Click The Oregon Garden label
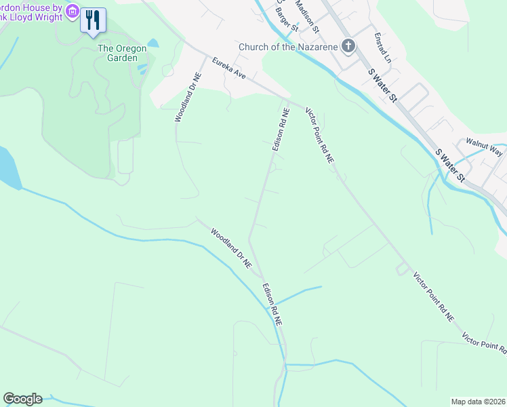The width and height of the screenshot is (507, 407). coord(122,53)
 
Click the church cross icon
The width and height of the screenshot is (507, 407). coord(348,46)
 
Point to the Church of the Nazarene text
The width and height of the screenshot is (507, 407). coord(287,47)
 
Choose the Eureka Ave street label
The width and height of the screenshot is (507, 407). coord(228,68)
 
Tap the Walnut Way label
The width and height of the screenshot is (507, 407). coord(484,149)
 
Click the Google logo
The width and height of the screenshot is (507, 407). coord(22,399)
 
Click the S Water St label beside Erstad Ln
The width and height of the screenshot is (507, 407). coord(383,85)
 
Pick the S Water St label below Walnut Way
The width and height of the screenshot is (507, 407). coord(451,166)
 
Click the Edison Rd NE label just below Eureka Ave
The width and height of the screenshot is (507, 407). coord(277,128)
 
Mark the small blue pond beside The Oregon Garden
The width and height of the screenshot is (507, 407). coord(153,43)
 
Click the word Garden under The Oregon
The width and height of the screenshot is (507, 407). coord(122,58)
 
